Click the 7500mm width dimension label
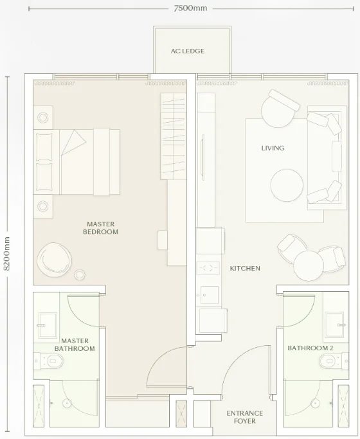(190, 8)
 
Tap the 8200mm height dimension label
(6, 254)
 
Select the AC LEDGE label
(188, 51)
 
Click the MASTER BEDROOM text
(100, 228)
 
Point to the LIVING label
(273, 148)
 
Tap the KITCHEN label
(245, 268)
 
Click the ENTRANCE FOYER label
(245, 417)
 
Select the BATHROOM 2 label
(310, 348)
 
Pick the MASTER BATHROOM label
(75, 345)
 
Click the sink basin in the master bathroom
(48, 325)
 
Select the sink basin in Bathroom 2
(334, 325)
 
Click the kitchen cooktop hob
(208, 268)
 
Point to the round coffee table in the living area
(287, 185)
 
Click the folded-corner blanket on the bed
(73, 143)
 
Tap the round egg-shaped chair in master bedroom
(54, 260)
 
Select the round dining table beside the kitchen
(309, 265)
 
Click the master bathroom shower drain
(67, 404)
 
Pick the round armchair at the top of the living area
(280, 109)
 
